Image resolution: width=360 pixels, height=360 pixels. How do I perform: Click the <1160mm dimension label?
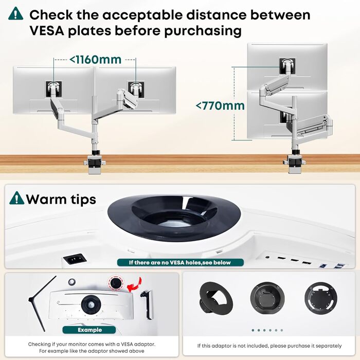click(95, 60)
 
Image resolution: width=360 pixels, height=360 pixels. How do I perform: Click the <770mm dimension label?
click(220, 106)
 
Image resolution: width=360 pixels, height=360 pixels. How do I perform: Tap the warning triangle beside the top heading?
click(15, 13)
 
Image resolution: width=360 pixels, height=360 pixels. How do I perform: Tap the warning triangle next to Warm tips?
click(17, 198)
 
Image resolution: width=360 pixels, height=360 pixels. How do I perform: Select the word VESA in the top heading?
click(47, 31)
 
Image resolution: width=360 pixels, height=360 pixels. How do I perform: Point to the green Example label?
click(89, 330)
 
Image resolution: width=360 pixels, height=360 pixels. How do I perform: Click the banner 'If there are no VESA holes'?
click(180, 262)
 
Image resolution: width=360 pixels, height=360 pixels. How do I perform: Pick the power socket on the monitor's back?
click(75, 259)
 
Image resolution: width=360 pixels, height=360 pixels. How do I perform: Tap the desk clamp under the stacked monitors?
click(294, 161)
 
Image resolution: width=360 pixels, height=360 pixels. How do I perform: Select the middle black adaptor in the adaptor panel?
click(267, 299)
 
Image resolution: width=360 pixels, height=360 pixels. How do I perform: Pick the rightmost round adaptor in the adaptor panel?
click(321, 299)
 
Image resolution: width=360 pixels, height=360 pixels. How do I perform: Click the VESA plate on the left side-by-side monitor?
click(53, 89)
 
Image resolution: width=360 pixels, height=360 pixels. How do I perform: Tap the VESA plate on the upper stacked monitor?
click(287, 66)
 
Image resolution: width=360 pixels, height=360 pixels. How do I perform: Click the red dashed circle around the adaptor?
click(116, 283)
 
